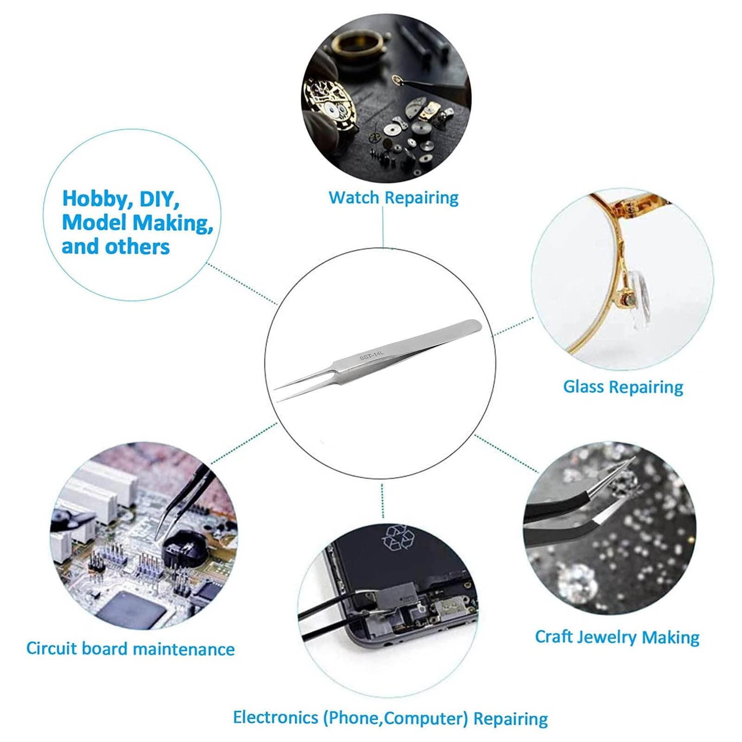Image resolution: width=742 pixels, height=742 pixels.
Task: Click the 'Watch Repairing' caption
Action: tap(393, 197)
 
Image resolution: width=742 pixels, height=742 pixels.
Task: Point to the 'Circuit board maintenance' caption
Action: tap(130, 648)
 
